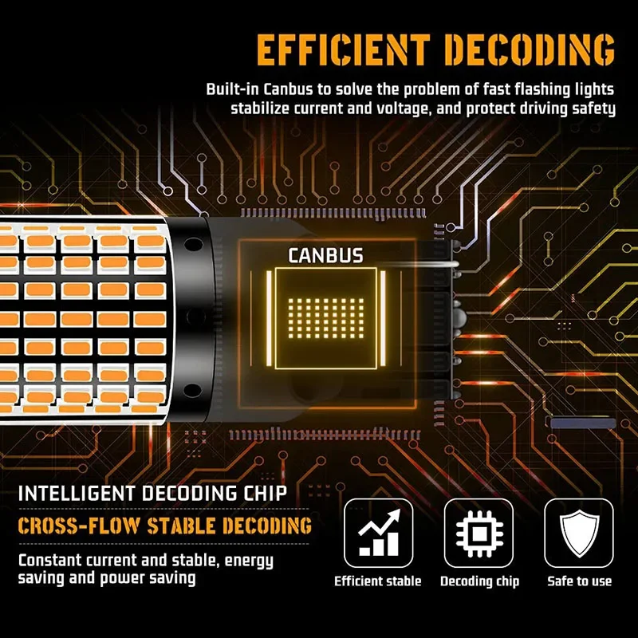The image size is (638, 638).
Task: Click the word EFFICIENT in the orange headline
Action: (344, 50)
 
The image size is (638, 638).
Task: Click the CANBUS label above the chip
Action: (325, 256)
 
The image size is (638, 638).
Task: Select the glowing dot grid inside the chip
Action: (326, 318)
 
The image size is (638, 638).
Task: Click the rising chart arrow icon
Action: (379, 533)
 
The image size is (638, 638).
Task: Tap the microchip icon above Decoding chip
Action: (479, 534)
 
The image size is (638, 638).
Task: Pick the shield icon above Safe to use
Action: (579, 534)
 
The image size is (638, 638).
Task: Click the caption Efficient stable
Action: (377, 581)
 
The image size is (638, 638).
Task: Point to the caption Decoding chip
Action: (480, 581)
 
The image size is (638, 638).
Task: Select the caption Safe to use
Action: (580, 581)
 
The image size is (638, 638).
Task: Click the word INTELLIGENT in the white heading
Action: (77, 494)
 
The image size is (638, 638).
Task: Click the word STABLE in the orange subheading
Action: (181, 526)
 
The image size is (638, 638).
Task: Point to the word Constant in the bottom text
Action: (49, 561)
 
